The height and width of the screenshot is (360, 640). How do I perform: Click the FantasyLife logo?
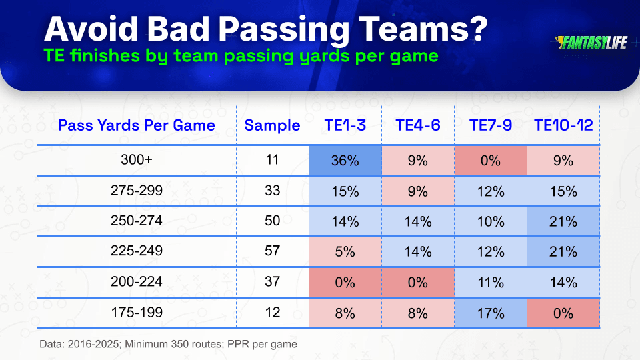point(591,43)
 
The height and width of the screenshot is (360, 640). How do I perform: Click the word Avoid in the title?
point(91,29)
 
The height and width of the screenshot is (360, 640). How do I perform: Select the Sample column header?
point(272,125)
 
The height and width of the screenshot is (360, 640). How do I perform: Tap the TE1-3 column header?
point(345,125)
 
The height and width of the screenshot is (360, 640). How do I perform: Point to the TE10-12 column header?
point(563,125)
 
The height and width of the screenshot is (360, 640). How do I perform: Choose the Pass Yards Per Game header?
point(136,125)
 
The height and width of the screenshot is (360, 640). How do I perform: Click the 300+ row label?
point(136,159)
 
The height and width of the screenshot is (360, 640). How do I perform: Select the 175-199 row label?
point(137,313)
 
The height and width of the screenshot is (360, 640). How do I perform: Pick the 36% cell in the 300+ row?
point(345,161)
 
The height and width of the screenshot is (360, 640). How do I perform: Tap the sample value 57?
point(272,251)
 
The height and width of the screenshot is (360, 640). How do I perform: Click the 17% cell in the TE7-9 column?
point(491,313)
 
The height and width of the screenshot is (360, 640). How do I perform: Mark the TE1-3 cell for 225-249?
point(345,251)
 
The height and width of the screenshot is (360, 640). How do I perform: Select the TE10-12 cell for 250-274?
point(563,221)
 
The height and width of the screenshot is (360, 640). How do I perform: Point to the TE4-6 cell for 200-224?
point(418,283)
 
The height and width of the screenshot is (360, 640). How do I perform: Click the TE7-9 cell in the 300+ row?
point(491,161)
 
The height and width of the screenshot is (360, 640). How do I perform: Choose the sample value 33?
point(272,191)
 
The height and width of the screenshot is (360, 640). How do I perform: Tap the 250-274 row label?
point(136,221)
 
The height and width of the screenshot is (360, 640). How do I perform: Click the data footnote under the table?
point(168,344)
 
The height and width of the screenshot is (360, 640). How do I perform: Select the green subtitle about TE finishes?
point(241,56)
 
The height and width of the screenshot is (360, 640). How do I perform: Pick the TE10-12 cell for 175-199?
point(563,313)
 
